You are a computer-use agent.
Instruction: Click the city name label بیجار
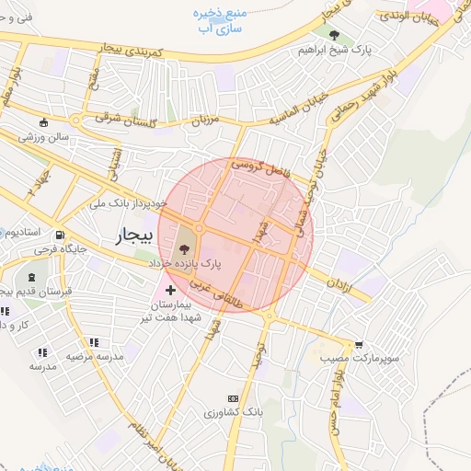[132, 236]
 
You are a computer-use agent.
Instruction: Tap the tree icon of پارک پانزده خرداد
[185, 247]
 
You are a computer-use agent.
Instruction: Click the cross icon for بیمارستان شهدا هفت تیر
[170, 290]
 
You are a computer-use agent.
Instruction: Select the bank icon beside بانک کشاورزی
[244, 396]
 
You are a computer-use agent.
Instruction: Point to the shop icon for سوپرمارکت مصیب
[359, 345]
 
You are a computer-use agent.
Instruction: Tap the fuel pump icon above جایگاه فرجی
[60, 235]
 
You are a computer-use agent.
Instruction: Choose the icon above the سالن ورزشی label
[43, 123]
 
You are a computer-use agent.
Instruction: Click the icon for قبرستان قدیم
[33, 277]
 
